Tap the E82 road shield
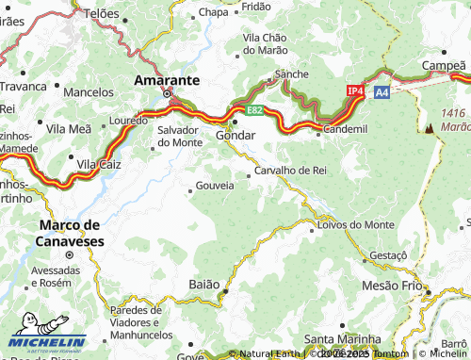pyautogui.click(x=254, y=110)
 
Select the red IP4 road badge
pyautogui.click(x=355, y=90)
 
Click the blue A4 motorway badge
pyautogui.click(x=382, y=92)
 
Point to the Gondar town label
pyautogui.click(x=235, y=136)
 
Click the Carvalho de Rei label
pyautogui.click(x=290, y=171)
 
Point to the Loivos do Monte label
pyautogui.click(x=356, y=224)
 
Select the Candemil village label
pyautogui.click(x=346, y=127)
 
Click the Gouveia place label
pyautogui.click(x=215, y=186)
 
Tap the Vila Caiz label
pyautogui.click(x=99, y=164)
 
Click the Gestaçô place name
pyautogui.click(x=387, y=255)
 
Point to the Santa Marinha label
pyautogui.click(x=341, y=339)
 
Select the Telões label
pyautogui.click(x=103, y=14)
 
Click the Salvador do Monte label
pyautogui.click(x=179, y=136)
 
